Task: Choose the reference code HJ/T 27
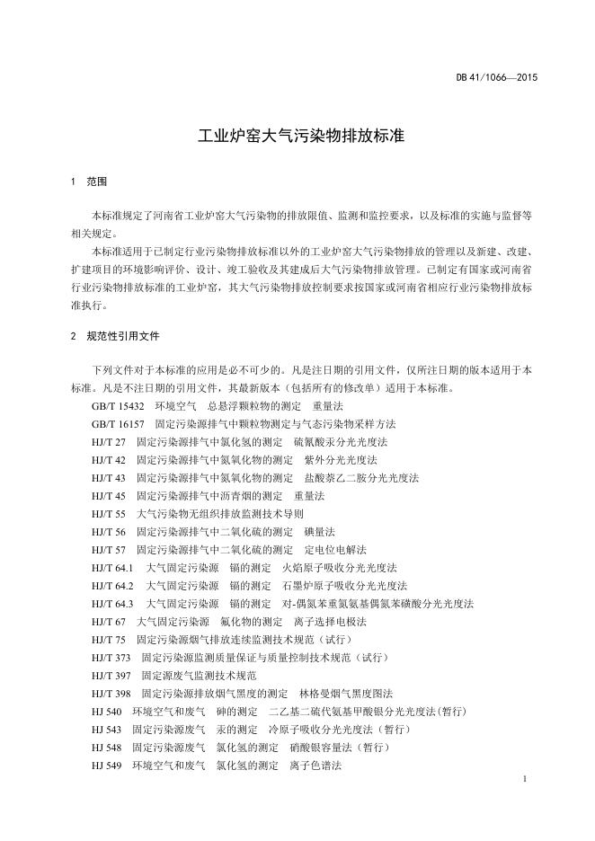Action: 108,442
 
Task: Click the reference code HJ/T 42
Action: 108,460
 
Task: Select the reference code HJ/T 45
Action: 108,496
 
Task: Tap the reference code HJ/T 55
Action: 108,514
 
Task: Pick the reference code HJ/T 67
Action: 108,622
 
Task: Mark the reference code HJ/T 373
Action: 111,658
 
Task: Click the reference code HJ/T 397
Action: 111,676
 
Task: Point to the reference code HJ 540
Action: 106,712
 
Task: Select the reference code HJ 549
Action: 106,766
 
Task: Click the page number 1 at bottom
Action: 524,780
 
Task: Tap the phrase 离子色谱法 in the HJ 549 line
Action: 315,766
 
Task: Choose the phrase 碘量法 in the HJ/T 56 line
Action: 320,532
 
